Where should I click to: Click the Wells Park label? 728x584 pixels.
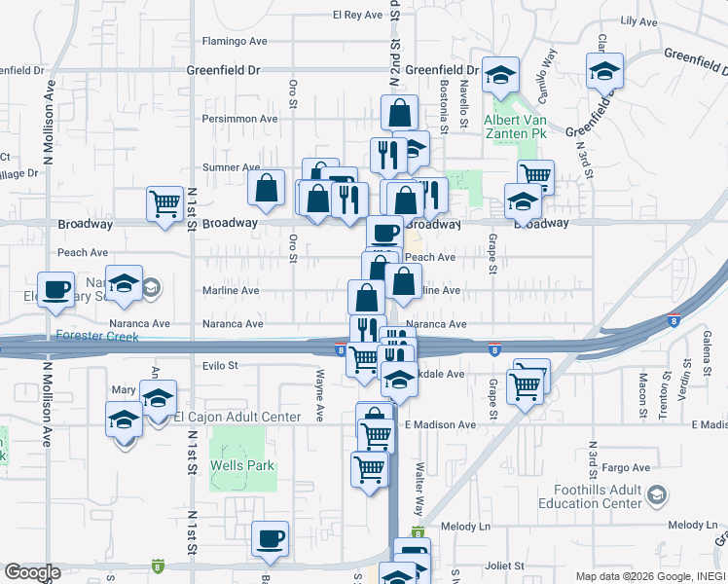[x=243, y=465]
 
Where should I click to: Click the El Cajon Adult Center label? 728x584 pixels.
[x=237, y=418]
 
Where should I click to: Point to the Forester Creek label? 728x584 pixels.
[x=97, y=337]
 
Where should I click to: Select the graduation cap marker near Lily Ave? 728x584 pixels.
[x=604, y=70]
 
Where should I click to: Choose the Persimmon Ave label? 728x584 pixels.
[x=239, y=119]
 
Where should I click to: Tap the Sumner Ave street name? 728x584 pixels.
[x=231, y=167]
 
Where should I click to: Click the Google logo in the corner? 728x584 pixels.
[x=32, y=572]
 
